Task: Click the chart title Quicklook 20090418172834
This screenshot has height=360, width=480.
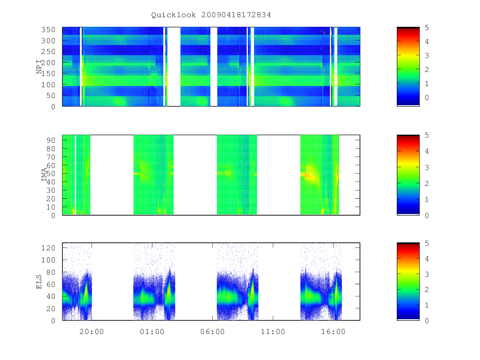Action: coord(211,15)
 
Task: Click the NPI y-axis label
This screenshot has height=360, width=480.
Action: coord(39,67)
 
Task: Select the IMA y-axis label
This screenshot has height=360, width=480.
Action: coord(44,175)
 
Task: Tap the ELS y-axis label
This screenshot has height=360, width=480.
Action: coord(39,282)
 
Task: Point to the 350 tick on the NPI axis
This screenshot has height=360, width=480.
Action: coord(48,30)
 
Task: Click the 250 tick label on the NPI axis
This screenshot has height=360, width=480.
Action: coord(48,52)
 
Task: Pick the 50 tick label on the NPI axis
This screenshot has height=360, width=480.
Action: coord(51,96)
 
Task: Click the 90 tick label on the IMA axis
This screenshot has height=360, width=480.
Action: coord(51,140)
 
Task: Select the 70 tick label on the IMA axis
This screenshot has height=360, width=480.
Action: coord(51,157)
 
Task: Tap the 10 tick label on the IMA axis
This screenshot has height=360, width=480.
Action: coord(51,207)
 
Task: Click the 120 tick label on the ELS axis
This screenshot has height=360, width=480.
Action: coord(48,248)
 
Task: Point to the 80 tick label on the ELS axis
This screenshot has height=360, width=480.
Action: coord(51,272)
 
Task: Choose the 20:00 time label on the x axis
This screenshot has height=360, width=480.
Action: coord(92,332)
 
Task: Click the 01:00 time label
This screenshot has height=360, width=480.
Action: coord(152,332)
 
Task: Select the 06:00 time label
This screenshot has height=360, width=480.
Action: coord(212,332)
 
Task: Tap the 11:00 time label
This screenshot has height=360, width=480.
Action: coord(273,332)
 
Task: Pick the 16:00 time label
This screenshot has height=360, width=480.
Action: coord(333,332)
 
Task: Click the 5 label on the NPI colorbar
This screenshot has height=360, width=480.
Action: coord(427,28)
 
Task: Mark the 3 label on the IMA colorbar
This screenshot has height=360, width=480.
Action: coord(427,168)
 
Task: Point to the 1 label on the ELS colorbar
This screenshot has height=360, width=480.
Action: coord(427,305)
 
